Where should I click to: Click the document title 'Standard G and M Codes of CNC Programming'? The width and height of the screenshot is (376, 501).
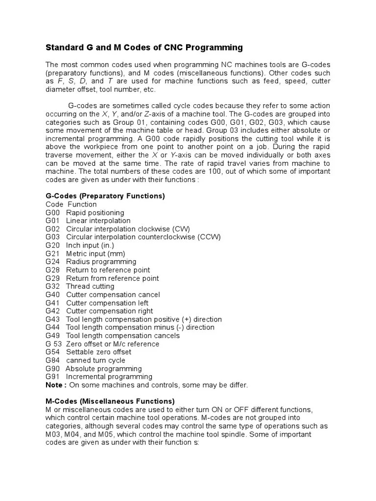144,47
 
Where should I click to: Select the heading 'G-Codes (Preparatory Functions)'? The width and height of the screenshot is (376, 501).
105,196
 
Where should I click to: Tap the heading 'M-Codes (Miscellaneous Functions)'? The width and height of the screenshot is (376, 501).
110,401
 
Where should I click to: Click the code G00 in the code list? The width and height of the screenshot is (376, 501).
52,212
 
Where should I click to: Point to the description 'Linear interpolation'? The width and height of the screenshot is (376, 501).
98,221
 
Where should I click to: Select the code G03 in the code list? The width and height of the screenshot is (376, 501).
52,237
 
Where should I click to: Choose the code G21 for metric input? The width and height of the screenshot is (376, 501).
52,253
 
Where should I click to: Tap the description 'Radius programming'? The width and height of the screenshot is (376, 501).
101,262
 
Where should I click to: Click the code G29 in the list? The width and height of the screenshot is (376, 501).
52,278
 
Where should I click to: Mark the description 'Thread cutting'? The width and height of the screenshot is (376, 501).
90,286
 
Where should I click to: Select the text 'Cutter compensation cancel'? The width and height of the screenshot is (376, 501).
113,295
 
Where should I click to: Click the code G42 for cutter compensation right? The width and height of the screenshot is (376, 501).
52,311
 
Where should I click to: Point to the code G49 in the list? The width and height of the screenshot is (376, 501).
52,336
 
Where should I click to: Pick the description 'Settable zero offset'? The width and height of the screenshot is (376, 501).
99,352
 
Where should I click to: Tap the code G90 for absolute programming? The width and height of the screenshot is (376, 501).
52,368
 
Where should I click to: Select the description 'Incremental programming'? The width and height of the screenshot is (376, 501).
109,377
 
